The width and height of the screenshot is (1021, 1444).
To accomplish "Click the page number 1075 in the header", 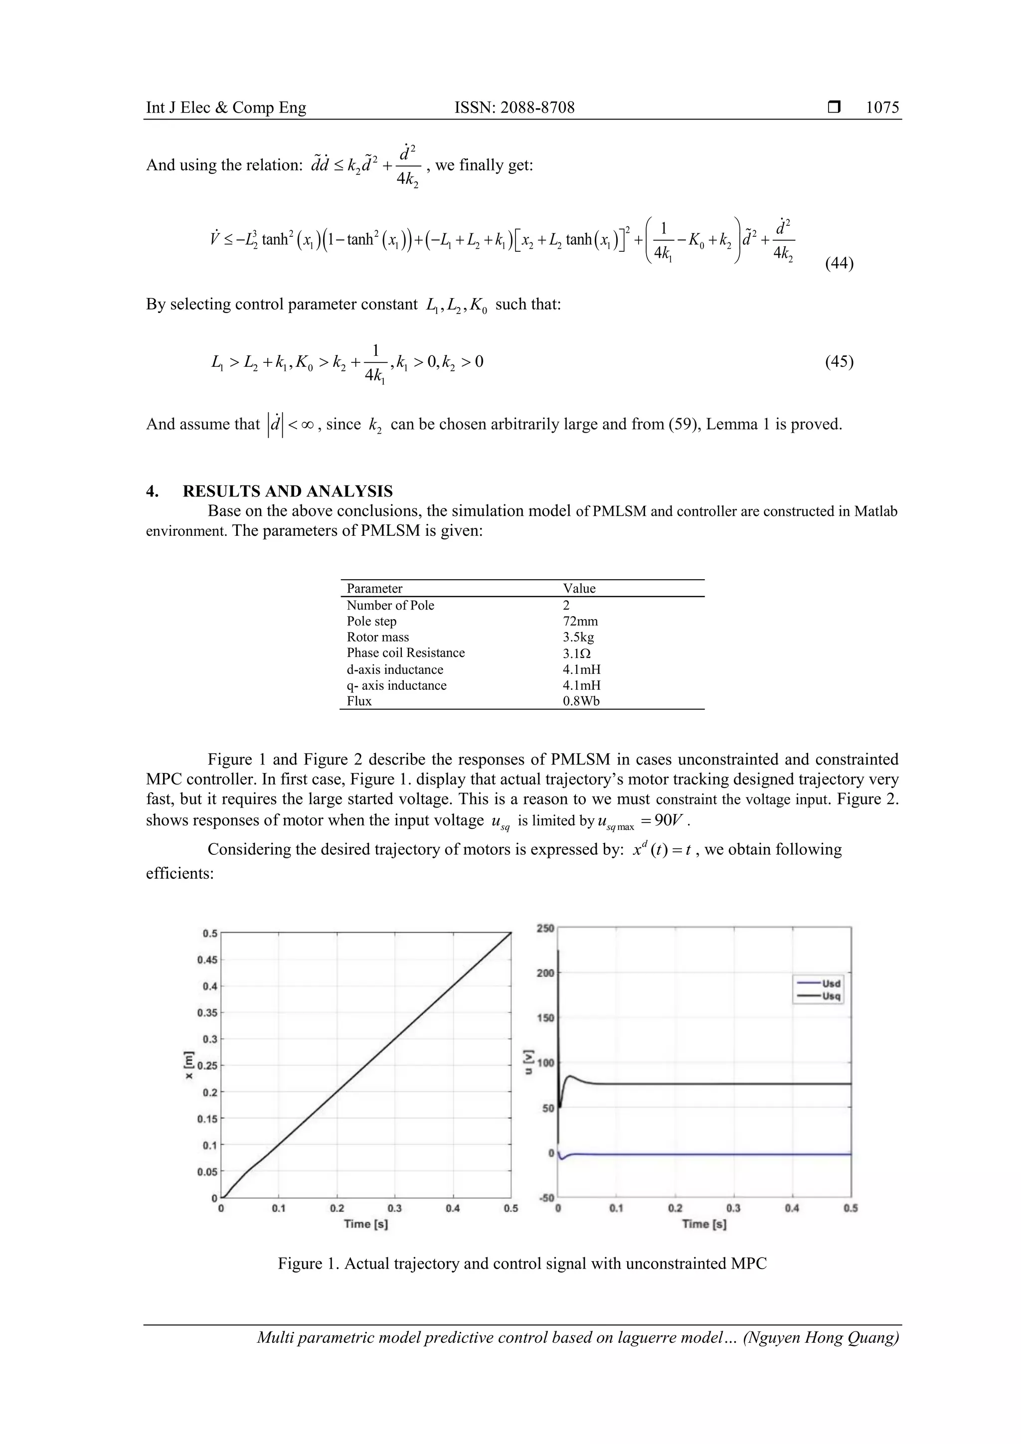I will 882,108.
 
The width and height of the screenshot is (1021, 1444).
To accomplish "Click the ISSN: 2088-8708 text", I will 514,108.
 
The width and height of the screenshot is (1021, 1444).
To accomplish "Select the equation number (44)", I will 839,263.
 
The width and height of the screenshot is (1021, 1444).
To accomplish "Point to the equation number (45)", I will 839,362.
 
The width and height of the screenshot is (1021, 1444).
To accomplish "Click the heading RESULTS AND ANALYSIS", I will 288,491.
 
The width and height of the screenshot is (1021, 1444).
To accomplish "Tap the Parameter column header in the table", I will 374,589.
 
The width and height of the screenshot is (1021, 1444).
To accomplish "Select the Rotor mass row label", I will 377,637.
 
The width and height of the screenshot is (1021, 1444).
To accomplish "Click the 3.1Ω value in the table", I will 576,653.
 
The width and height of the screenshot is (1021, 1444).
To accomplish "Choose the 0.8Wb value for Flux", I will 581,701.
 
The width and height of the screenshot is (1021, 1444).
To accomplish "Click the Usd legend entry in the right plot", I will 831,983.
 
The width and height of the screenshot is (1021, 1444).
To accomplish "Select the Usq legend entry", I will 831,996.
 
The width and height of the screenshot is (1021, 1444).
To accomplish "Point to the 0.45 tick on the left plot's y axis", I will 209,960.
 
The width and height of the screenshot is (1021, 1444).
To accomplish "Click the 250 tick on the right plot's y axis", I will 545,928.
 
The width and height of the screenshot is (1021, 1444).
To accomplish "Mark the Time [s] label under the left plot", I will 365,1223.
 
